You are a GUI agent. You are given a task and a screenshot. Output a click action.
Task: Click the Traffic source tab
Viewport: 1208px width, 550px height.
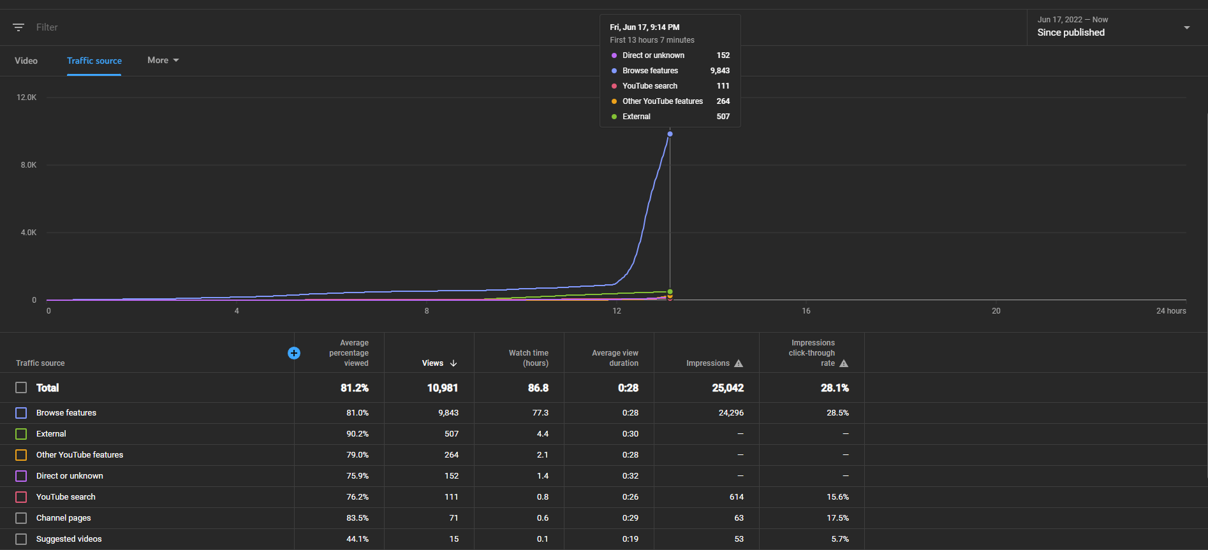tap(94, 61)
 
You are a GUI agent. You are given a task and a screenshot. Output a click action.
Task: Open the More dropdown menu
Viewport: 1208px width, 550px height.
tap(163, 60)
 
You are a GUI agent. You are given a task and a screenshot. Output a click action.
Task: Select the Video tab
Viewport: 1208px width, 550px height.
tap(26, 61)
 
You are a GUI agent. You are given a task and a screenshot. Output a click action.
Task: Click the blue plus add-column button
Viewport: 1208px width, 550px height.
tap(294, 353)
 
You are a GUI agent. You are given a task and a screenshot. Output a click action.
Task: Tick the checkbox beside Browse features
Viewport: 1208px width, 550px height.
tap(21, 413)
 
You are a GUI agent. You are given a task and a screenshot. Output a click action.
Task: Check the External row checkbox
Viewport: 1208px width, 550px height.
tap(21, 434)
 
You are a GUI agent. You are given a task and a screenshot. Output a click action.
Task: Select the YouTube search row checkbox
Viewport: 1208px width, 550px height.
tap(21, 497)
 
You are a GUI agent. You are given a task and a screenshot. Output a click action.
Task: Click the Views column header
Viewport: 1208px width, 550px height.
tap(439, 363)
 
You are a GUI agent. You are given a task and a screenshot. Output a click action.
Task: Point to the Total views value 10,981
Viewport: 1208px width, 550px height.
tap(443, 387)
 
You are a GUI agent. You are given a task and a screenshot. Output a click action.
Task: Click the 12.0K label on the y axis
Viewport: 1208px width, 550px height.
tap(27, 98)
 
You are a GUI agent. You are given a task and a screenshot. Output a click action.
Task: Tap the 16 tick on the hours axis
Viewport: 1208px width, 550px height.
tap(806, 311)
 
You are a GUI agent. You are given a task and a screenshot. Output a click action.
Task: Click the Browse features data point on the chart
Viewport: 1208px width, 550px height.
tap(670, 134)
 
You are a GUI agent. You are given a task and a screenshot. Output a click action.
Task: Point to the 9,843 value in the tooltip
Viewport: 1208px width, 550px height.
tap(720, 71)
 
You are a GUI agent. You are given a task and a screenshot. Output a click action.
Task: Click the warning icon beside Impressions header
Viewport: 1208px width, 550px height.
tap(739, 363)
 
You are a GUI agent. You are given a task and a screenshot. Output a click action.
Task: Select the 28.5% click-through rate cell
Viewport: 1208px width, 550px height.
tap(837, 413)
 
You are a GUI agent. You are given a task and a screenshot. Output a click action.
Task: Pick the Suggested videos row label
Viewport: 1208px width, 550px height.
tap(69, 539)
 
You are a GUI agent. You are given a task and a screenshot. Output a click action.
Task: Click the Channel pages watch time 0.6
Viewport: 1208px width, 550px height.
tap(543, 518)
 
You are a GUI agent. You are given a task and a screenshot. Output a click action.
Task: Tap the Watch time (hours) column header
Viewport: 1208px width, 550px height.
tap(529, 358)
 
